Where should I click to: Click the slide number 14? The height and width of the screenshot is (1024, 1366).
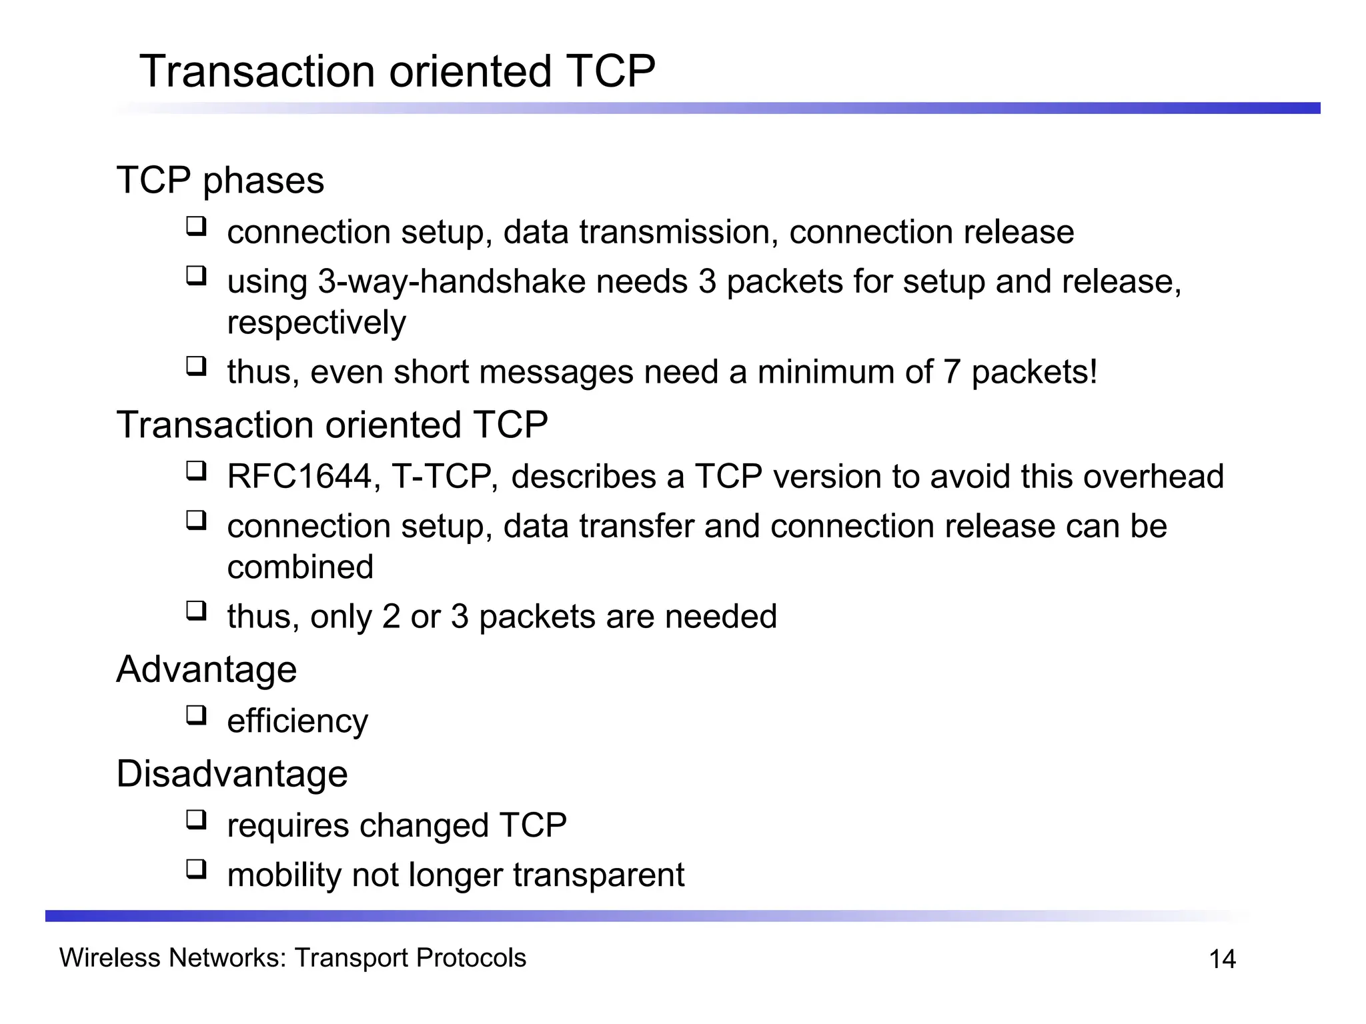tap(1222, 959)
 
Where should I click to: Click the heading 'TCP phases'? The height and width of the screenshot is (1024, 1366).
tap(220, 181)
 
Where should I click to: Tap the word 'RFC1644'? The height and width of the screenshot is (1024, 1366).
tap(299, 477)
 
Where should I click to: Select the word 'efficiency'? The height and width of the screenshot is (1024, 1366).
tap(297, 722)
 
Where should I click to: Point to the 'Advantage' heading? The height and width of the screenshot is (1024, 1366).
tap(207, 669)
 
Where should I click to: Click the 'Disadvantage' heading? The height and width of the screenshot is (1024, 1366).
tap(232, 774)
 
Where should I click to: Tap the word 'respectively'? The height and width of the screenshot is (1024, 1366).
tap(316, 323)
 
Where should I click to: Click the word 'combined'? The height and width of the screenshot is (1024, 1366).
tap(300, 568)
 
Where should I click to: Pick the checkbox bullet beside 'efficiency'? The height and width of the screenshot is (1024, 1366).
tap(196, 715)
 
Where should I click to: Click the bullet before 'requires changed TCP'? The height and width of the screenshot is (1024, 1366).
tap(196, 820)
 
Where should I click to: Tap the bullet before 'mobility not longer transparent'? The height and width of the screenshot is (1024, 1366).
tap(196, 869)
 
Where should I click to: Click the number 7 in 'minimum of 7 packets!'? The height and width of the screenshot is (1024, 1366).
tap(952, 372)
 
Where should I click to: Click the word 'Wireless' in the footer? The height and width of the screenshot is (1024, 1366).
tap(109, 958)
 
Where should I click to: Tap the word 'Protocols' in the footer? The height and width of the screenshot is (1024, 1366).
tap(471, 958)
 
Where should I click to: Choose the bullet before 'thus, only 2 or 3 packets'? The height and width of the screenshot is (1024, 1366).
tap(196, 611)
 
